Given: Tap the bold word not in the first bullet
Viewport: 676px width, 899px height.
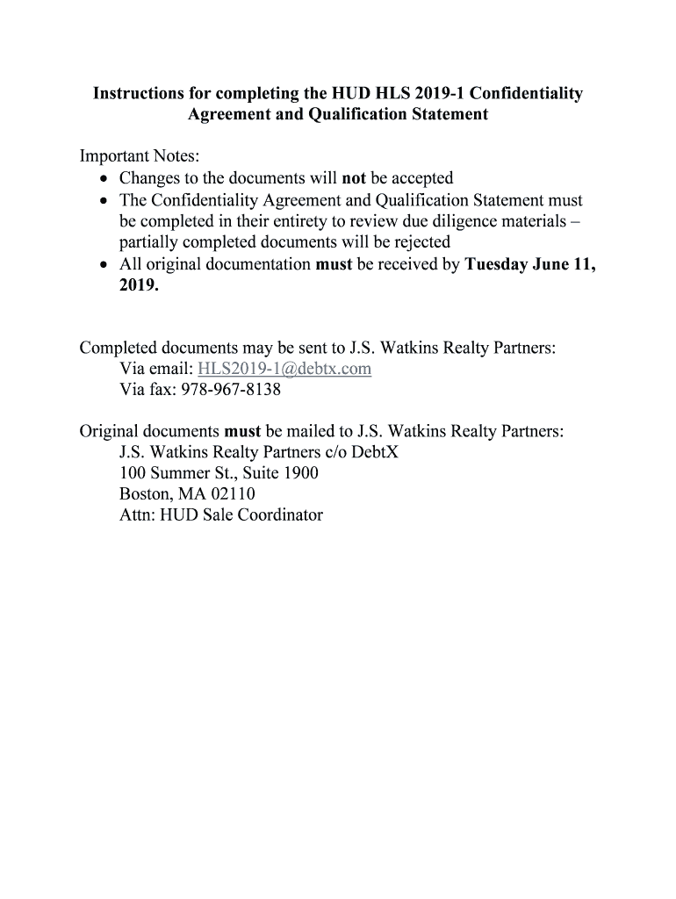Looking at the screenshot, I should point(354,179).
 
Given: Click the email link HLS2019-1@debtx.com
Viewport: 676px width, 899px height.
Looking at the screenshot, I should point(285,369).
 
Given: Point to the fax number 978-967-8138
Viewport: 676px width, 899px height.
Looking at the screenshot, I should point(231,390).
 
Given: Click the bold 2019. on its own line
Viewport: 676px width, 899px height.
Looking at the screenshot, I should point(139,284).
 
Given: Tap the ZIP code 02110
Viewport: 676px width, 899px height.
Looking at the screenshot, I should point(233,494).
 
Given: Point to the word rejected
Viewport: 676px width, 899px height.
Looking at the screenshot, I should point(416,241).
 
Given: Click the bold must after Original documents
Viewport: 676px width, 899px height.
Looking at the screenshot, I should point(242,431).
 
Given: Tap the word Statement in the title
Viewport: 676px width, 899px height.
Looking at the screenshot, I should point(444,114).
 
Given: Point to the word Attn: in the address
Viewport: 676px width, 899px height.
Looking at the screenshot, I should point(138,515).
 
